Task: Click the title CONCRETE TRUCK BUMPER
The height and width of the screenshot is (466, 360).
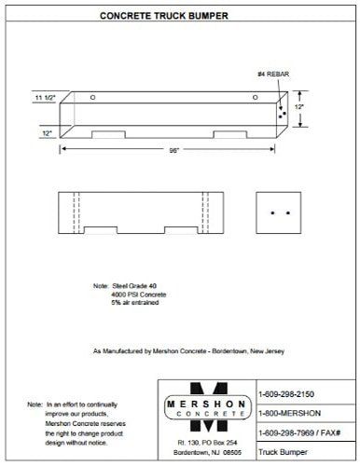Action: click(179, 17)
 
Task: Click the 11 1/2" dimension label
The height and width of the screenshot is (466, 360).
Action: click(45, 97)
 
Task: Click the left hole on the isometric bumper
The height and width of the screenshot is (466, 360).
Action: click(92, 97)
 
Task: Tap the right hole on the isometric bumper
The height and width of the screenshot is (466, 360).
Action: click(255, 97)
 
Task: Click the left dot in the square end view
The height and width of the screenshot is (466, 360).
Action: click(271, 213)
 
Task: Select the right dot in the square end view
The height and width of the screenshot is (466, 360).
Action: click(287, 213)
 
